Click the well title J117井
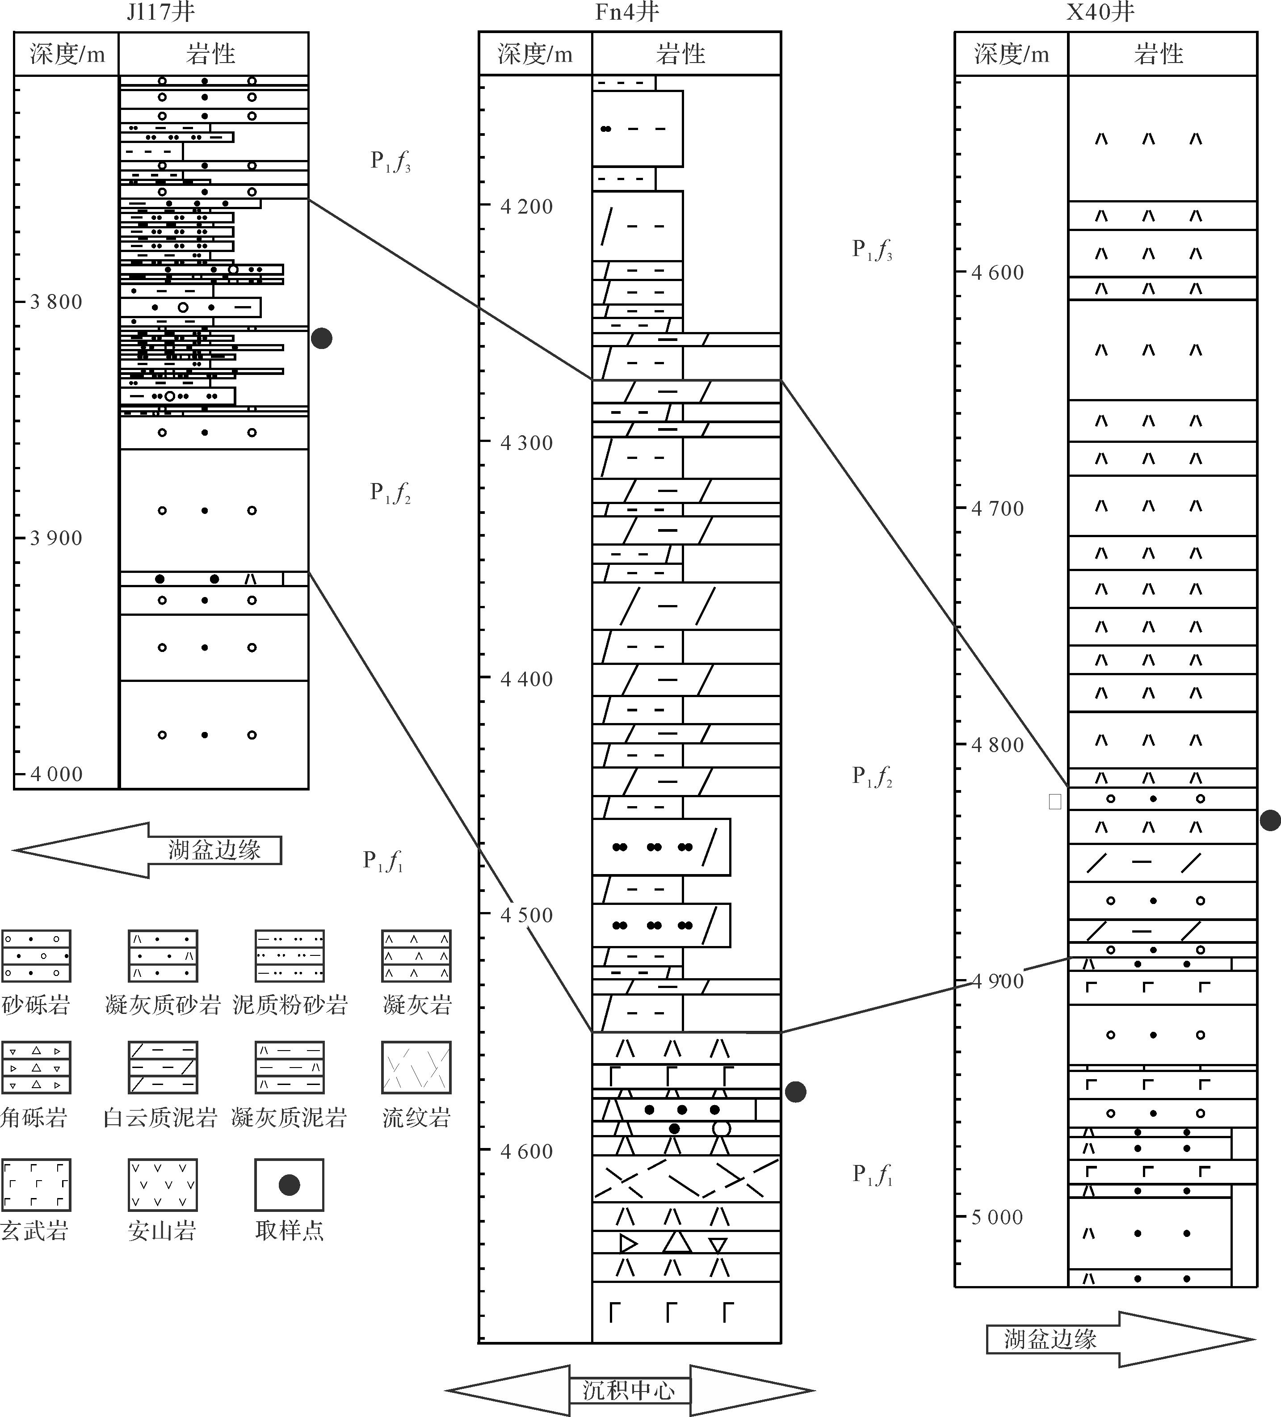[x=160, y=12]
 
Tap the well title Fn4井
[x=627, y=12]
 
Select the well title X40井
[x=1100, y=12]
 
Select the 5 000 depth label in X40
[x=997, y=1217]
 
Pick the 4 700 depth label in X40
[x=997, y=508]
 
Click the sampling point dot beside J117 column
[x=321, y=339]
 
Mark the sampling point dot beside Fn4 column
[x=795, y=1092]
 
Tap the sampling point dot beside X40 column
[x=1270, y=820]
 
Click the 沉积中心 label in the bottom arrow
[x=629, y=1390]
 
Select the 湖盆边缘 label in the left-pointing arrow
[x=214, y=850]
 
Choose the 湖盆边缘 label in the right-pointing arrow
[x=1050, y=1339]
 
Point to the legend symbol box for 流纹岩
[x=416, y=1068]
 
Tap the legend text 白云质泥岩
[x=160, y=1118]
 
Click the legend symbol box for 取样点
[x=289, y=1185]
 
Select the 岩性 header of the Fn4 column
[x=680, y=54]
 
